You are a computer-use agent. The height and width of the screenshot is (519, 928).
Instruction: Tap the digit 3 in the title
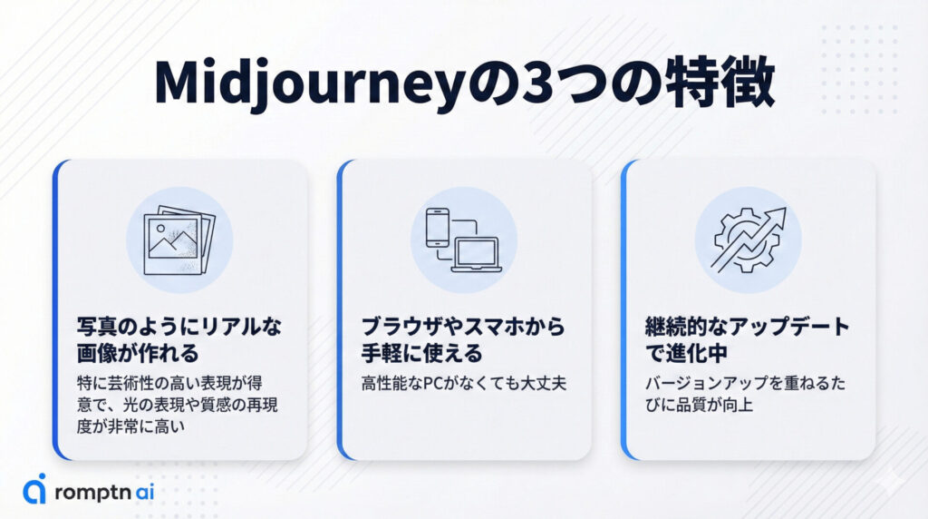(x=540, y=83)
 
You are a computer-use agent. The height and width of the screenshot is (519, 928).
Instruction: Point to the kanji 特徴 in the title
(x=720, y=83)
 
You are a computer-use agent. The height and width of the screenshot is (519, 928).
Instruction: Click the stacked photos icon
(x=179, y=240)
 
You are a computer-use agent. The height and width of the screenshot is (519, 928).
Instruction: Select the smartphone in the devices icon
(x=438, y=228)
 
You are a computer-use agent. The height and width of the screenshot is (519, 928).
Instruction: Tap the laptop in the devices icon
(x=477, y=255)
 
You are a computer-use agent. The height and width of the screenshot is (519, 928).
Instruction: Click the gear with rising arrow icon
(x=748, y=240)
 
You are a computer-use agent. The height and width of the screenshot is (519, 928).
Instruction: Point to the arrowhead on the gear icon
(x=776, y=218)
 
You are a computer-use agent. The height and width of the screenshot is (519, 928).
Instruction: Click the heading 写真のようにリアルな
(x=179, y=327)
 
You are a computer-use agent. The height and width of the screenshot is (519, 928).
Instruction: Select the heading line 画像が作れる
(x=138, y=354)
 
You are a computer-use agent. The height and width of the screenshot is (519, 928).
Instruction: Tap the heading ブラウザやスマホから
(x=463, y=327)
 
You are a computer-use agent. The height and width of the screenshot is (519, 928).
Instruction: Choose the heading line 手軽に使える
(x=422, y=354)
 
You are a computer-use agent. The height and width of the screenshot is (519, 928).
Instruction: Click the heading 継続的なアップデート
(x=748, y=327)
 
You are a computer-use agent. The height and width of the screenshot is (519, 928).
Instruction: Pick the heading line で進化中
(x=686, y=354)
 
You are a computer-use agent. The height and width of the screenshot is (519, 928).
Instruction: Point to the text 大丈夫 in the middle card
(x=544, y=384)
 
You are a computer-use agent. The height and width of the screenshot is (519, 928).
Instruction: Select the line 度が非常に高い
(x=130, y=426)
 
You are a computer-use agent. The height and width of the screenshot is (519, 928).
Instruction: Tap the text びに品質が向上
(x=699, y=406)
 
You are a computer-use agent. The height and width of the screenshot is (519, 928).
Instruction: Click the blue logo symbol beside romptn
(x=34, y=489)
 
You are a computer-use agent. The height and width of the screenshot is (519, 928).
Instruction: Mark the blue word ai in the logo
(x=144, y=493)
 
